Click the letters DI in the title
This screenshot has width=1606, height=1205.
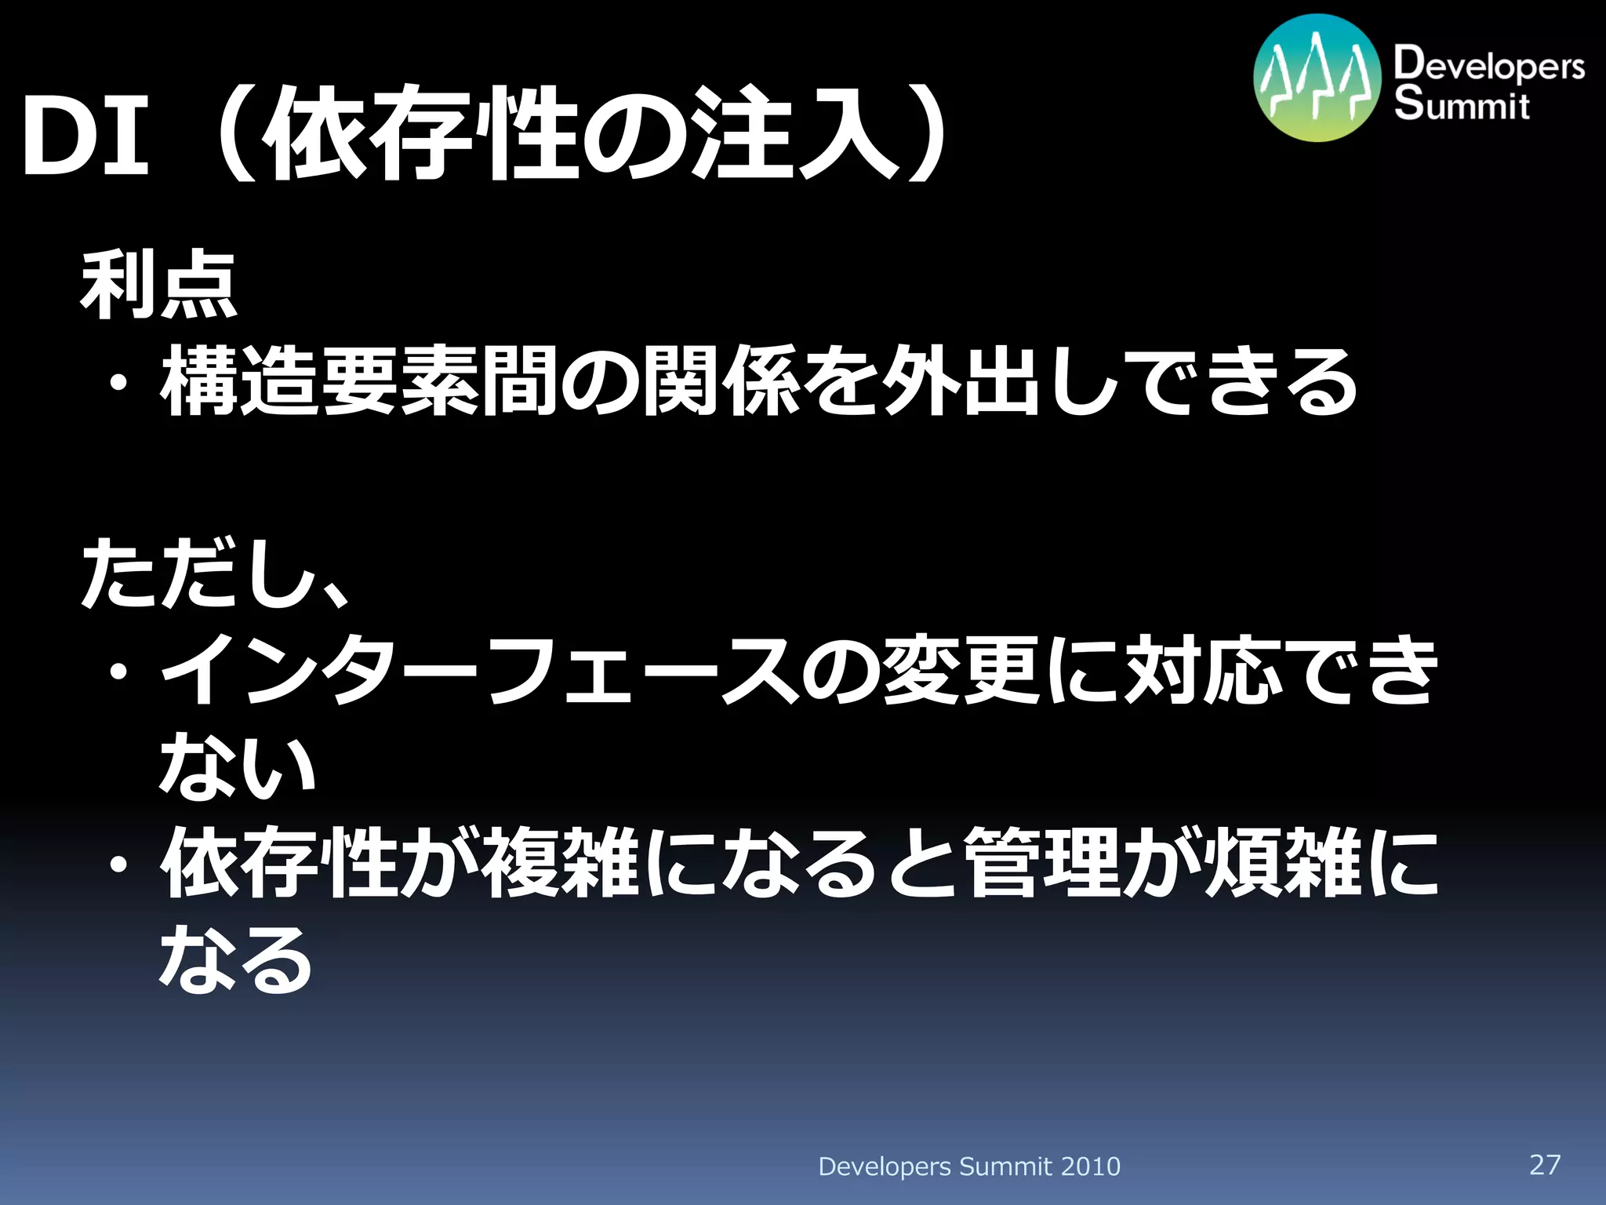[x=85, y=136]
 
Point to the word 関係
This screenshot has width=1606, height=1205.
[x=721, y=382]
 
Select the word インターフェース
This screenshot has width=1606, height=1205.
[x=478, y=671]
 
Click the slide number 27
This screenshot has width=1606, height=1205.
[x=1545, y=1163]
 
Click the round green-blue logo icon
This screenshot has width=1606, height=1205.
[x=1317, y=78]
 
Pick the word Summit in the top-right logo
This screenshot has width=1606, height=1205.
[x=1462, y=105]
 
